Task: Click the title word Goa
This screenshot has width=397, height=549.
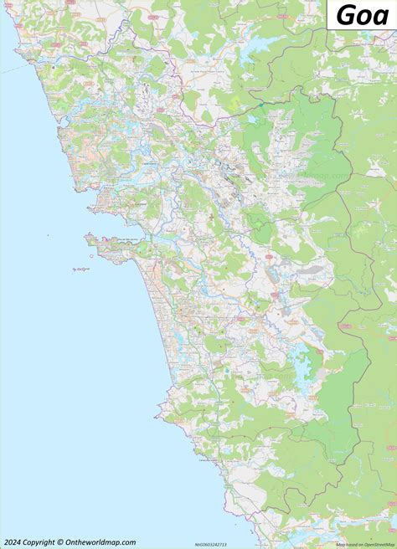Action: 363,16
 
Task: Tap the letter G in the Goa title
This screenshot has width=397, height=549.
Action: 344,16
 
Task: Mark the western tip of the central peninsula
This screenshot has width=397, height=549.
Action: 87,239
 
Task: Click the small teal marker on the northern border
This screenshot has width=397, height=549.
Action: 260,103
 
